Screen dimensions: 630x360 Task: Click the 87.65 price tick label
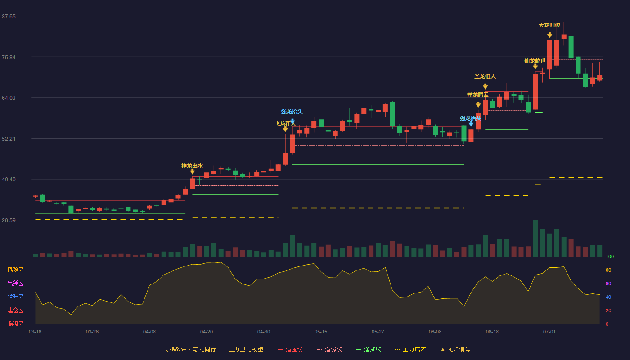tap(9, 17)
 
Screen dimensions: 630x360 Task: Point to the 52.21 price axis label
tap(9, 139)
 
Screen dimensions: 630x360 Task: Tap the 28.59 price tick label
tap(9, 220)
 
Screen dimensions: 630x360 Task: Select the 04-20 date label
tap(207, 332)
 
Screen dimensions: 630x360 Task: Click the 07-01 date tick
tap(549, 332)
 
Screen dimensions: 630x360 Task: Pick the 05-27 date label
tap(378, 332)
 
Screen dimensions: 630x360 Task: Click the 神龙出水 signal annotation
tap(192, 166)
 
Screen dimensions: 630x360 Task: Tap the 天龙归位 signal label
tap(549, 25)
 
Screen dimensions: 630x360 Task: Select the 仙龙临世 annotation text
tap(535, 61)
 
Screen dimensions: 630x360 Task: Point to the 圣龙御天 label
tap(485, 76)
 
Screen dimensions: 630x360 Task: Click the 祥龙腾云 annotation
tap(478, 95)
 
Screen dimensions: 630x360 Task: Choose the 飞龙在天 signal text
tap(285, 123)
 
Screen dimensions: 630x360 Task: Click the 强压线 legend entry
tap(291, 349)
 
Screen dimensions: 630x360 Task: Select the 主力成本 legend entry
tap(410, 349)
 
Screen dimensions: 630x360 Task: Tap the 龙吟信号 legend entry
tap(455, 349)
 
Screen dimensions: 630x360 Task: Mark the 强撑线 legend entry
tap(369, 349)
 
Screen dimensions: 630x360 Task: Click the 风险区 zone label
tap(15, 270)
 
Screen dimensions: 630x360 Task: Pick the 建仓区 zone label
tap(15, 310)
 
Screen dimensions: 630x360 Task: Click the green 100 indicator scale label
tap(610, 256)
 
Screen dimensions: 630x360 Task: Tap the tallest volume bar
tap(535, 238)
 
